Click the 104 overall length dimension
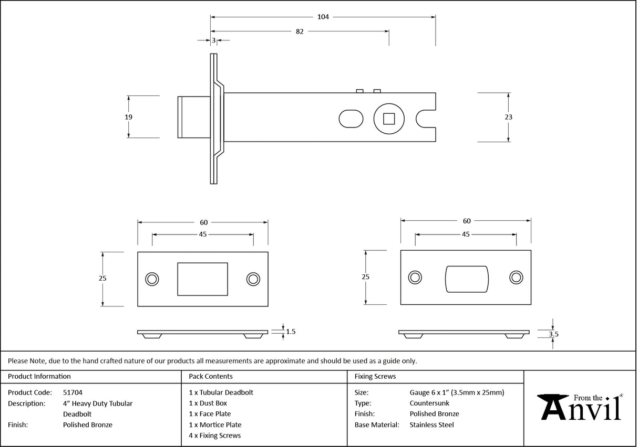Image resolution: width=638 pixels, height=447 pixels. pos(323,17)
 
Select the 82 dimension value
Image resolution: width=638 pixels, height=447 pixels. pos(300,31)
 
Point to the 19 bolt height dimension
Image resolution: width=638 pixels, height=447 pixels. pos(129,117)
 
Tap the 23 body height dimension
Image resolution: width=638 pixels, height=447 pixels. pos(508,117)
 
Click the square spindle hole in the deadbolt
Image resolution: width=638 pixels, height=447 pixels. pos(388,119)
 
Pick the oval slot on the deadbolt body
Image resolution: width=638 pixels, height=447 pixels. pos(351,119)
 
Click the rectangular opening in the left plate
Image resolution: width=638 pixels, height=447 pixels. pos(203,279)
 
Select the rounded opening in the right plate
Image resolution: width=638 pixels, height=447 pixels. pos(467,278)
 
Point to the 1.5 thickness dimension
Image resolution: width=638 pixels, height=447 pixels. pos(290,332)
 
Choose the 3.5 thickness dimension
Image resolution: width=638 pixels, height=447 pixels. pos(553,333)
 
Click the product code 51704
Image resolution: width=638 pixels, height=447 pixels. pos(73,392)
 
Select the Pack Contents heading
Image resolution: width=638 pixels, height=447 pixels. pos(210,376)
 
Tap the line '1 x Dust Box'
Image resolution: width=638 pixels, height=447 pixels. pos(208,403)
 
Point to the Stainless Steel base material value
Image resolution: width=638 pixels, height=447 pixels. pos(431,425)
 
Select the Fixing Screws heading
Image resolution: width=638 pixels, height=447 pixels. pos(375,376)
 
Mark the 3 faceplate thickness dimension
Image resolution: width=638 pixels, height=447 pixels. pos(214,40)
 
